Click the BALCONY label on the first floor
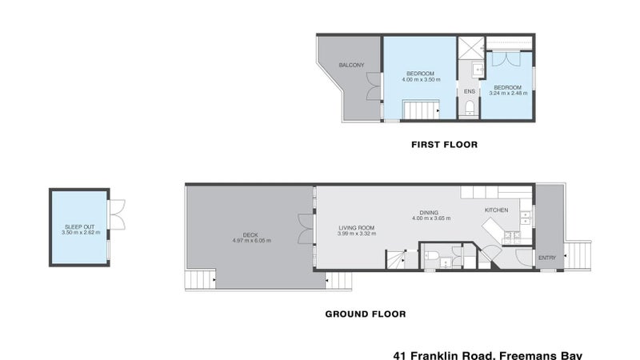click(351, 65)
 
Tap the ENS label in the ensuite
click(470, 91)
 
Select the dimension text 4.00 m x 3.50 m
click(420, 79)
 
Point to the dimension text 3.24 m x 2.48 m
click(506, 94)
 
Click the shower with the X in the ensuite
click(469, 46)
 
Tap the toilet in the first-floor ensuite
click(470, 108)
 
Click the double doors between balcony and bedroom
click(373, 86)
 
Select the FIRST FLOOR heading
click(444, 146)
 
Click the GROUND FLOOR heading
click(365, 314)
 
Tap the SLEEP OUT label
click(78, 228)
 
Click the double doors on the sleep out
click(118, 214)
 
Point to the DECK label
click(250, 235)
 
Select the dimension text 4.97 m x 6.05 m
click(250, 241)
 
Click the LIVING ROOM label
click(356, 228)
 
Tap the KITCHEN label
click(496, 210)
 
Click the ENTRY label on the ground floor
click(547, 258)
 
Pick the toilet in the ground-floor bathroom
click(432, 258)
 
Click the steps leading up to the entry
click(579, 255)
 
